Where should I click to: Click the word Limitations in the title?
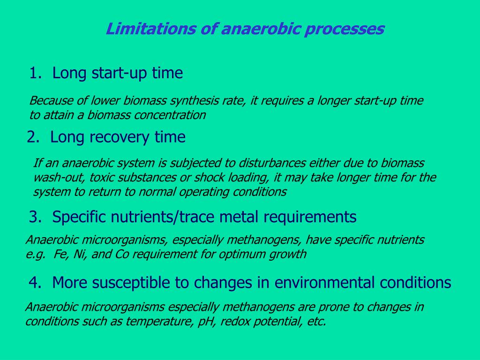(150, 29)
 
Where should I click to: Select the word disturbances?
(272, 163)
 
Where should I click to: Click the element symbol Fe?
(60, 254)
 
